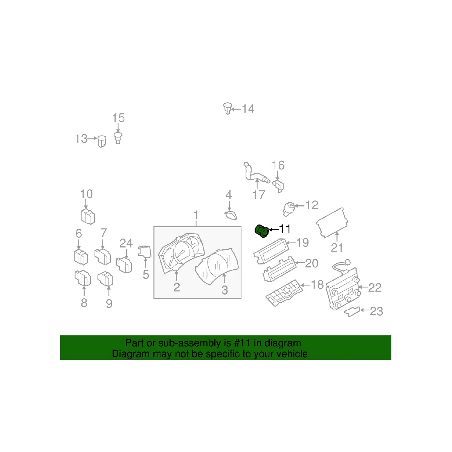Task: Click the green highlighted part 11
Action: tap(261, 231)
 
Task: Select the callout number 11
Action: tap(285, 229)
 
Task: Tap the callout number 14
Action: tap(248, 109)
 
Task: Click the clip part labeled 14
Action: tap(227, 108)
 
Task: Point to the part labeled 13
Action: tap(101, 141)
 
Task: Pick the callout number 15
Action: tap(118, 118)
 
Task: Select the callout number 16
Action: tap(278, 165)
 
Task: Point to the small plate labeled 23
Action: tap(352, 312)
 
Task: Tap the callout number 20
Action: tap(312, 263)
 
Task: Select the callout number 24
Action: tap(126, 243)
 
